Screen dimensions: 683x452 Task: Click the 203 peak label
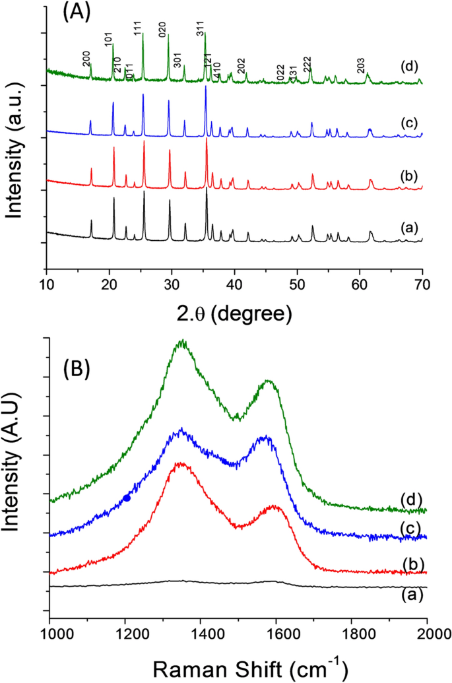[361, 65]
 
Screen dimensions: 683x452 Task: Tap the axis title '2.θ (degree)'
[234, 312]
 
